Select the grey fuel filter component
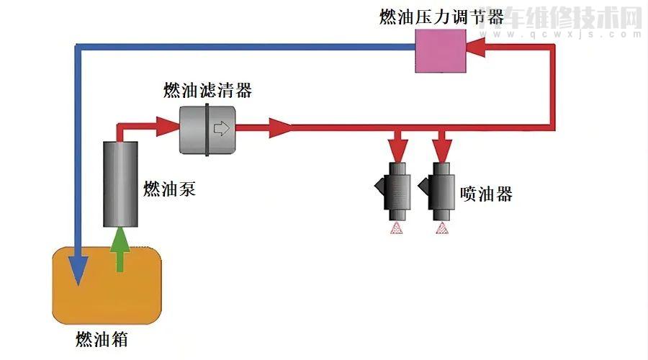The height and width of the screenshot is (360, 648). coord(207,129)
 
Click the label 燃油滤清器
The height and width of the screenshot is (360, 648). coord(207,91)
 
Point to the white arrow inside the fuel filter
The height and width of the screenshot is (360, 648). coord(221,130)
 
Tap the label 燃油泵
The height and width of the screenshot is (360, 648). coord(170,189)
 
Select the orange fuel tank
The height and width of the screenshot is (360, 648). coord(108,284)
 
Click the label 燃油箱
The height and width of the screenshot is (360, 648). coord(102,338)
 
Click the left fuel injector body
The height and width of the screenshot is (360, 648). coord(397,191)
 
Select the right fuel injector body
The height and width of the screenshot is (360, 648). coord(441,191)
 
